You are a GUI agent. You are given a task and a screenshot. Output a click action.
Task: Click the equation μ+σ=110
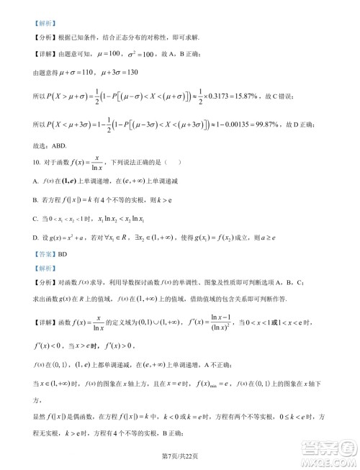point(89,71)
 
